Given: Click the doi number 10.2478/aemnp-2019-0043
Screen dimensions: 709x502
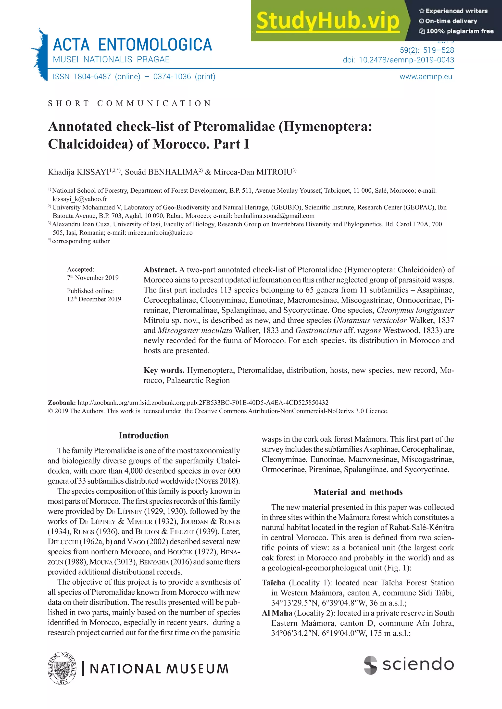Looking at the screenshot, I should (406, 60).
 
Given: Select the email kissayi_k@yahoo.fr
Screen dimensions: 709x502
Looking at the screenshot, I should (80, 199).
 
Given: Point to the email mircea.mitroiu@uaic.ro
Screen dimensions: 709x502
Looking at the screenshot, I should (160, 232).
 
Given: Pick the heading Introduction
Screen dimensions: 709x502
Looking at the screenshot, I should (144, 435).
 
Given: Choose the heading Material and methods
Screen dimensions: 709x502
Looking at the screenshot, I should (358, 492).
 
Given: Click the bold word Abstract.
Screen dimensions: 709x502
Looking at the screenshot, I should (160, 270).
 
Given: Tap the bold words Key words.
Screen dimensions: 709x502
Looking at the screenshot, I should (164, 370).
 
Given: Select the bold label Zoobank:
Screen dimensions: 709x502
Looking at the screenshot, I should (62, 403).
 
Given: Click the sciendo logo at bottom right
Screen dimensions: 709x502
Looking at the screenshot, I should (409, 664).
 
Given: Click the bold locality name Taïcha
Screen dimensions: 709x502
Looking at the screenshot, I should (273, 583).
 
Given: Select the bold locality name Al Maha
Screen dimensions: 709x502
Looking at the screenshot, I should (277, 613).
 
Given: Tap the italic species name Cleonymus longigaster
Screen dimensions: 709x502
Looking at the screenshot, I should (415, 310).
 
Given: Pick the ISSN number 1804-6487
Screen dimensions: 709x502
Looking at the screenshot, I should (92, 77).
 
